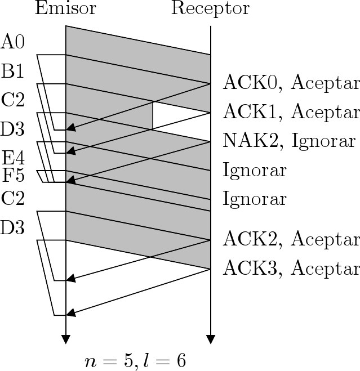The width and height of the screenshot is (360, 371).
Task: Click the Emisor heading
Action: (65, 9)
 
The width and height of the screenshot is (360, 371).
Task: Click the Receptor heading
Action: (210, 9)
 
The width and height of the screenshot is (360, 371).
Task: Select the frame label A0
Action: (13, 42)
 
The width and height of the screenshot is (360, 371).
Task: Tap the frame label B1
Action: (13, 71)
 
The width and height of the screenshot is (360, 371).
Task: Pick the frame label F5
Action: (13, 176)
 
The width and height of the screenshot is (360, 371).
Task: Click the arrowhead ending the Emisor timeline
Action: (66, 339)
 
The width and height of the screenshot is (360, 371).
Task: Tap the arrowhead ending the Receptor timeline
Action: (211, 339)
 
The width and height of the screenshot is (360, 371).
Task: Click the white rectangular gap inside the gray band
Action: (181, 115)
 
